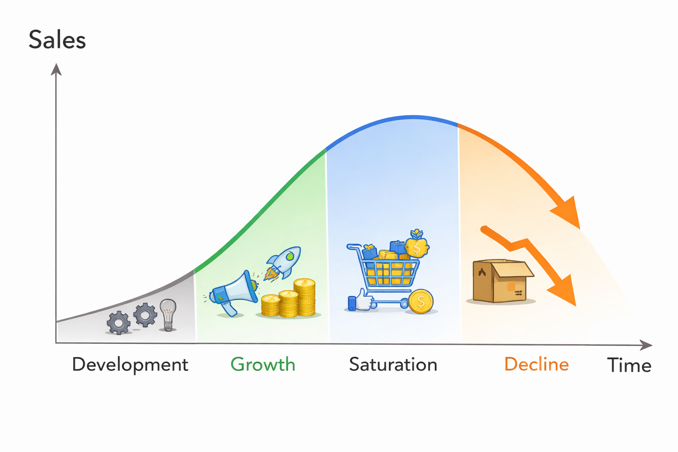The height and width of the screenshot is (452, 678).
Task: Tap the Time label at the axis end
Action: tap(629, 365)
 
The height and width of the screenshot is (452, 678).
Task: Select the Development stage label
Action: tap(130, 365)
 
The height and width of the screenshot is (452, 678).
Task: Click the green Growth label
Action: tap(263, 365)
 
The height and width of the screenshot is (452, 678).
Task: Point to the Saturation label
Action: tap(393, 365)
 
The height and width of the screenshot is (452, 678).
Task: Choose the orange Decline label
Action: tap(536, 365)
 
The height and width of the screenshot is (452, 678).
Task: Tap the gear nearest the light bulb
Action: tap(145, 315)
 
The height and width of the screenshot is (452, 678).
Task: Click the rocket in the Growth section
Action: tap(283, 263)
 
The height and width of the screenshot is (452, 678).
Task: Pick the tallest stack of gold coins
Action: tap(304, 297)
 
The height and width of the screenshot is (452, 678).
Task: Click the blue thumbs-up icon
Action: tap(360, 301)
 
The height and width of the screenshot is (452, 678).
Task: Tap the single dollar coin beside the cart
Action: tap(421, 301)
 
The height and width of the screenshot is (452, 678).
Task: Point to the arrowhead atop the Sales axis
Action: tap(56, 69)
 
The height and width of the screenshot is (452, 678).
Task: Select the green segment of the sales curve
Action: tap(265, 207)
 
